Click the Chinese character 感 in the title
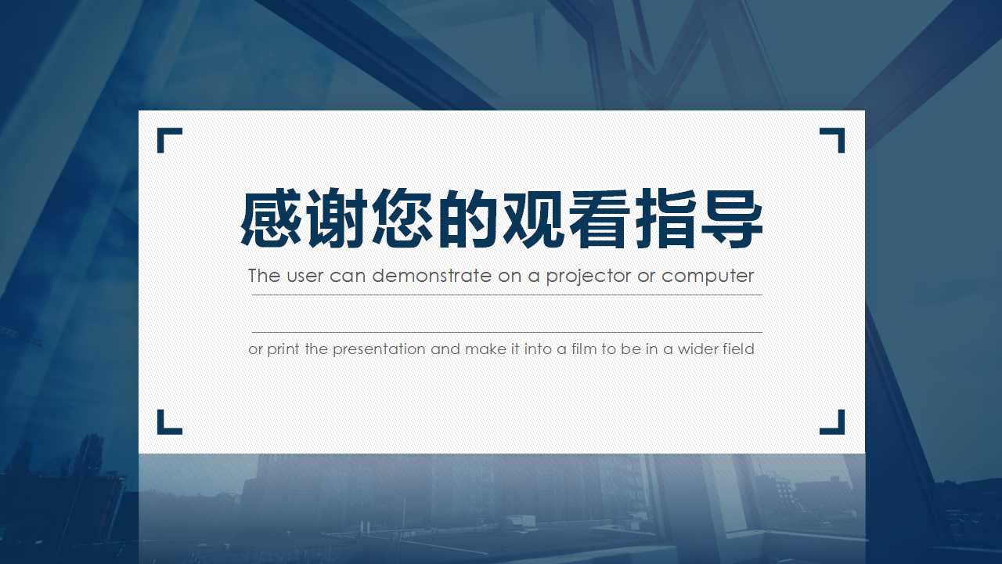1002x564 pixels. (272, 219)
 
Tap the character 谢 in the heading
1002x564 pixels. (338, 219)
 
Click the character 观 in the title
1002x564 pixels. (535, 219)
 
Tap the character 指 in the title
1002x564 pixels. (665, 219)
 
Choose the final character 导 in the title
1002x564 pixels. (731, 219)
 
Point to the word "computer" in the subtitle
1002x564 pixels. (708, 277)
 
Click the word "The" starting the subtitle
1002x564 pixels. (264, 276)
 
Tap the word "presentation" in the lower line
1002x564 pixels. (380, 349)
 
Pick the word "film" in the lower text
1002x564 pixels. (584, 349)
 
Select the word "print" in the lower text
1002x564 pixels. (283, 349)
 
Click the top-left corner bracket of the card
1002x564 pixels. (167, 137)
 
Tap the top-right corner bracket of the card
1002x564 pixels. (835, 137)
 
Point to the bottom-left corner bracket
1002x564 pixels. (167, 425)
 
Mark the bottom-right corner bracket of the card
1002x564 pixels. (835, 425)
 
